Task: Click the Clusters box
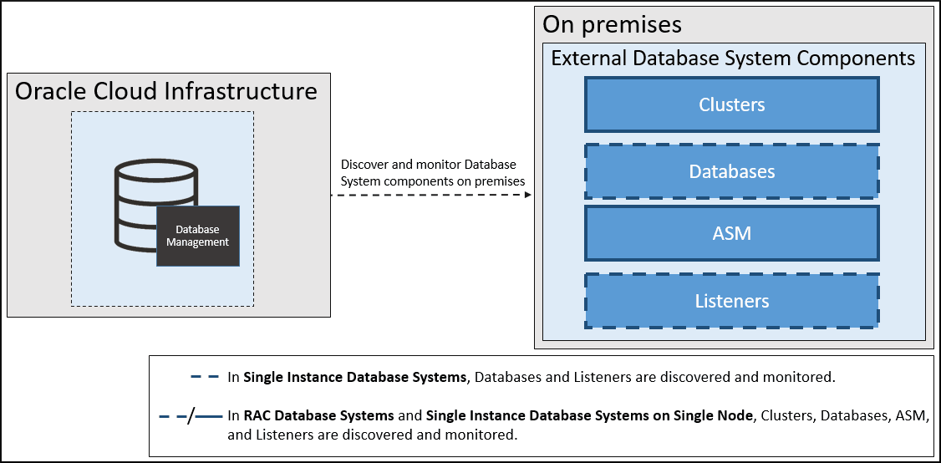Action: point(732,104)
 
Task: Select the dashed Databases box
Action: point(732,171)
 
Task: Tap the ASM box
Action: point(732,233)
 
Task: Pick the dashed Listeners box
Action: point(732,301)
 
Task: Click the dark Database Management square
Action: point(198,236)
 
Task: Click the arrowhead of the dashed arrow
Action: point(528,196)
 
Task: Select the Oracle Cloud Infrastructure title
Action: point(166,90)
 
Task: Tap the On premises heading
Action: point(612,24)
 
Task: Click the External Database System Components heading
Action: point(733,59)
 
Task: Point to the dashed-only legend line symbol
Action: point(205,377)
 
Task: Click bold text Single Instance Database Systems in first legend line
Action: point(354,377)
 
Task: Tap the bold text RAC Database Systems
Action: point(318,415)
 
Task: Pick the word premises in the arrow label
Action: point(500,181)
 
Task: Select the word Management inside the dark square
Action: point(198,242)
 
